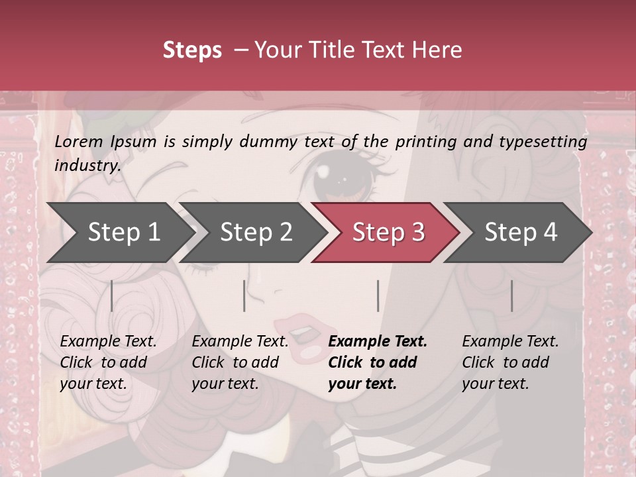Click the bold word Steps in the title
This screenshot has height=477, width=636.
click(192, 50)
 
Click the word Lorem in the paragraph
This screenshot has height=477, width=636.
click(79, 142)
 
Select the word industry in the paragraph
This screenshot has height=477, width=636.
click(87, 166)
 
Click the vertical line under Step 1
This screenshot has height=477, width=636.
click(112, 295)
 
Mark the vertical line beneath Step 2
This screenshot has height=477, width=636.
click(244, 295)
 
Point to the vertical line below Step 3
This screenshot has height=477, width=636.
click(378, 295)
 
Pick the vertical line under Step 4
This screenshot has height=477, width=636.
click(511, 295)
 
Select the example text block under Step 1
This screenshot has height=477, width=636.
click(108, 362)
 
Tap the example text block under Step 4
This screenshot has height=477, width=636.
click(510, 362)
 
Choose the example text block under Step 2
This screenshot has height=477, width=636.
click(240, 362)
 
